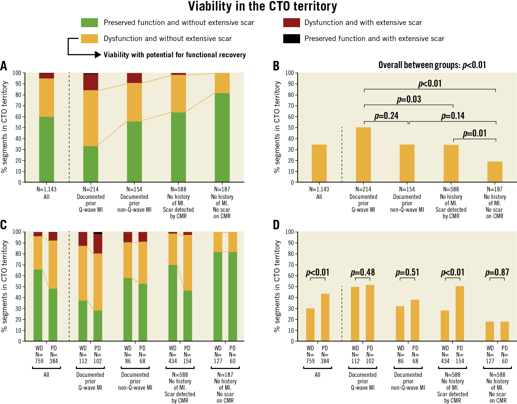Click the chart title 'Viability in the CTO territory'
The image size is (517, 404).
pos(262,7)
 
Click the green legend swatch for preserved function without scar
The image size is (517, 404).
pos(89,23)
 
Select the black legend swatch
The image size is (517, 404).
pos(291,39)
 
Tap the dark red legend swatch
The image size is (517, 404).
pos(291,23)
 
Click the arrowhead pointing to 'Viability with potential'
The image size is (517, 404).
pos(98,55)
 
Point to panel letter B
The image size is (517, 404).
pos(276,66)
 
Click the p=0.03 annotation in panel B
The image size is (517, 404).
pos(409,99)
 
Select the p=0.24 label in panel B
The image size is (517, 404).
pos(386,116)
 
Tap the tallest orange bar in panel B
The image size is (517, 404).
pos(363,155)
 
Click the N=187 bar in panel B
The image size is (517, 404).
pos(495,172)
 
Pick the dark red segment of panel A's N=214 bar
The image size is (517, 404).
pos(91,82)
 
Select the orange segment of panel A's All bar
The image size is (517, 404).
pos(46,98)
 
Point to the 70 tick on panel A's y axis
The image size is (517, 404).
pos(18,106)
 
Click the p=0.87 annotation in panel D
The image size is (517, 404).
pos(497,272)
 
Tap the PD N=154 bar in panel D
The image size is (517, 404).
pos(460,314)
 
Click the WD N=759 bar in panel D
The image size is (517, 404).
pos(310,325)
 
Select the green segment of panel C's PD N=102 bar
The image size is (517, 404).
pos(98,326)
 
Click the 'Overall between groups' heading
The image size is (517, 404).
pos(432,65)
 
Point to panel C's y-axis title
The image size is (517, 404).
pos(5,286)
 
